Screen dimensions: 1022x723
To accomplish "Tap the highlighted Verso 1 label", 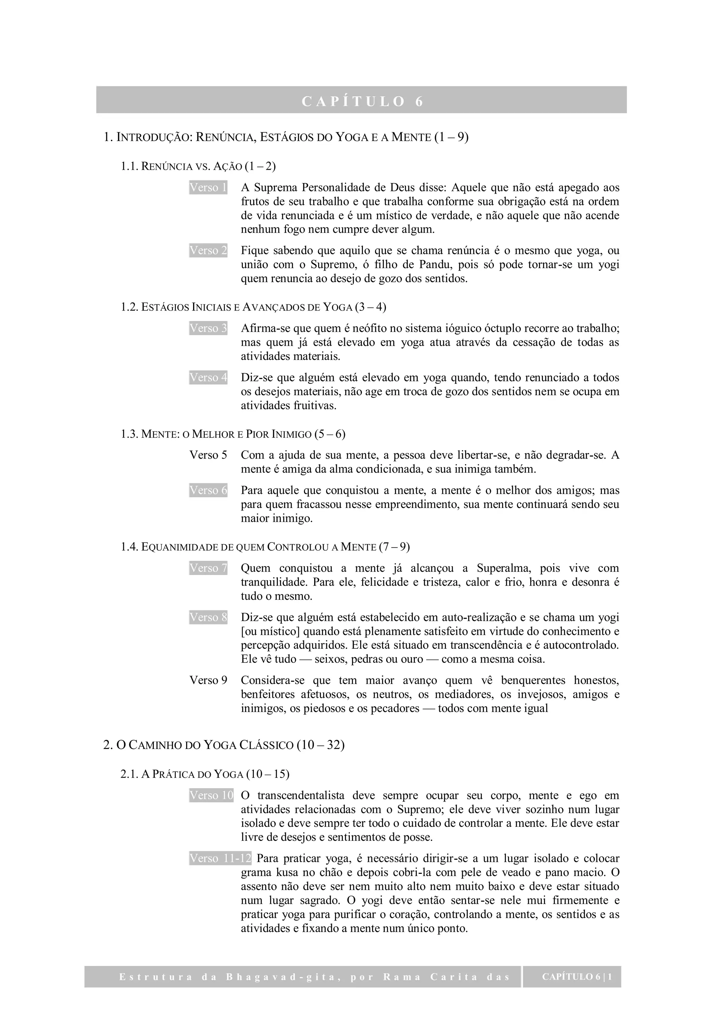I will pyautogui.click(x=208, y=187).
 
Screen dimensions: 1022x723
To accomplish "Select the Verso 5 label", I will pyautogui.click(x=208, y=455).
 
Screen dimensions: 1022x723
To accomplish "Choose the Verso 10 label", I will pyautogui.click(x=211, y=795).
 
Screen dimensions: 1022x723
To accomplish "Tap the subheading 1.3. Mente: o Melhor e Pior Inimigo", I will pyautogui.click(x=233, y=434).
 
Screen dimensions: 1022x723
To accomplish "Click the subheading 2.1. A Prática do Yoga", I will pyautogui.click(x=205, y=774).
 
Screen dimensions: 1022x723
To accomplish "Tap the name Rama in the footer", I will pyautogui.click(x=401, y=977).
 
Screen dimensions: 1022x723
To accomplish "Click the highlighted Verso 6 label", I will pyautogui.click(x=208, y=490).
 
